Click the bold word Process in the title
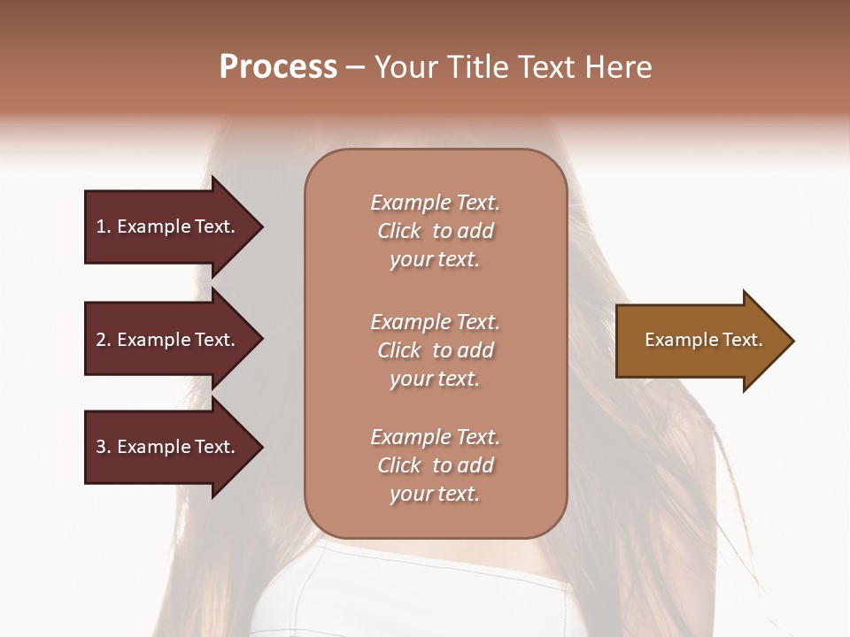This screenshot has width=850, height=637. click(278, 67)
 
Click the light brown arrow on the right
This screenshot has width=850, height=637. click(699, 341)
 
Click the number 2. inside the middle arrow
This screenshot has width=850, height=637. click(103, 340)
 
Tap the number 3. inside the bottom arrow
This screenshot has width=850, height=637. click(103, 447)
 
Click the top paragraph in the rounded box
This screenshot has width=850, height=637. click(435, 231)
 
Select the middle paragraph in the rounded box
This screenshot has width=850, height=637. click(435, 350)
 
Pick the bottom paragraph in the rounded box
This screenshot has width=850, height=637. click(435, 465)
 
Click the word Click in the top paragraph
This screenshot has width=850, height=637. click(398, 231)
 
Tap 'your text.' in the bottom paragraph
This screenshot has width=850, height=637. click(435, 494)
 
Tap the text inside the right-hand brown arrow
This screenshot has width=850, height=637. click(703, 340)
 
